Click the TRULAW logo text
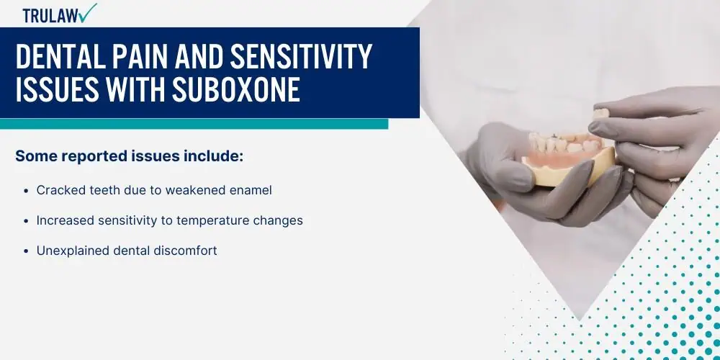50,16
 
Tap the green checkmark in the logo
88,13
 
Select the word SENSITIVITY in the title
301,58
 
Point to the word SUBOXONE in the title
236,89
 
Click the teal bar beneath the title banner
194,124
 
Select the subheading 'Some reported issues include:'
129,156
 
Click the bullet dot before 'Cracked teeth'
26,191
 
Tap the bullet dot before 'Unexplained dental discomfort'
26,251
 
